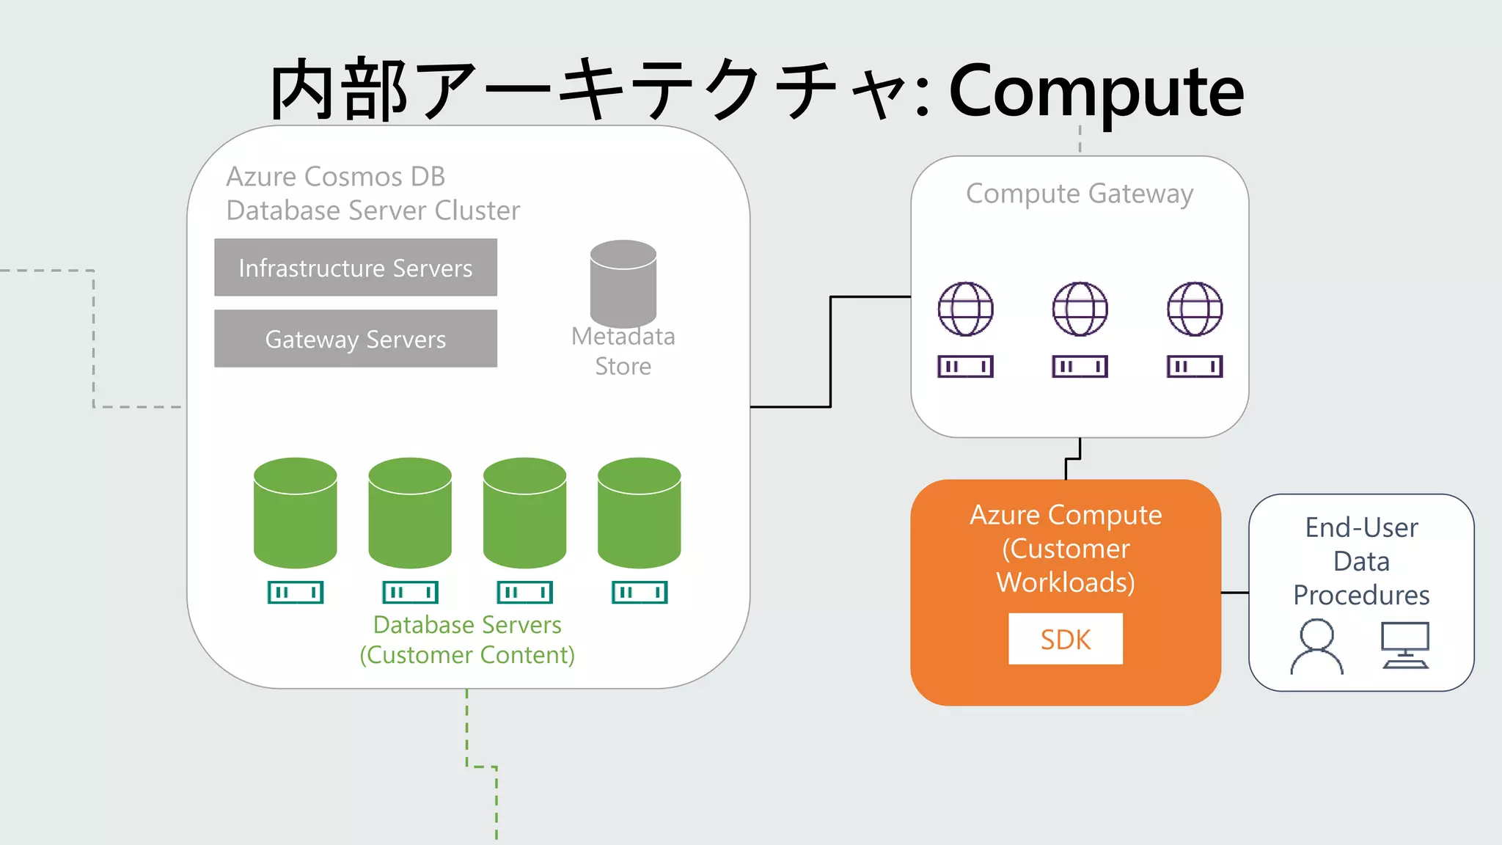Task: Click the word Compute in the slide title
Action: point(1096,92)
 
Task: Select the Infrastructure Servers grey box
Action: point(356,268)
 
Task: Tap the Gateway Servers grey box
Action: point(356,339)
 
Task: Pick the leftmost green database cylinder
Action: point(295,513)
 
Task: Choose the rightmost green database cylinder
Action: point(639,513)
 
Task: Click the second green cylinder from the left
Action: point(410,513)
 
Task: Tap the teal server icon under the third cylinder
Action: point(525,592)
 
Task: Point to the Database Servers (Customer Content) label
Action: point(467,640)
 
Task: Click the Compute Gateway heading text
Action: point(1080,194)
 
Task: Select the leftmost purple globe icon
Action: point(966,309)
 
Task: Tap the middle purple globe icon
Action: point(1080,309)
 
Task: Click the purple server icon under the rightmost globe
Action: point(1195,366)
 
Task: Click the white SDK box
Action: point(1065,639)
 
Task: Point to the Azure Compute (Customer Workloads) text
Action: point(1066,548)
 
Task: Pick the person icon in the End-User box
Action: point(1317,646)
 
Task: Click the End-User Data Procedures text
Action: point(1361,561)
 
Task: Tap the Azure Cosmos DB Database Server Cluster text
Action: point(373,194)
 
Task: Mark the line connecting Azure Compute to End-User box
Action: point(1235,593)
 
